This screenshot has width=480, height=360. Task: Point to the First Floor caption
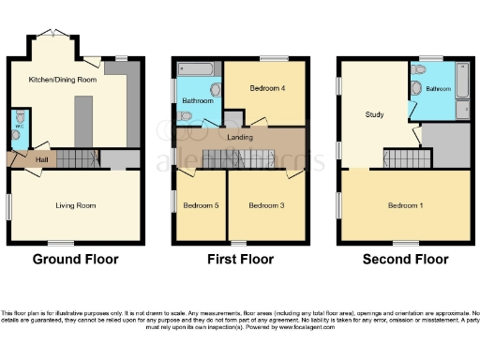tap(240, 259)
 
